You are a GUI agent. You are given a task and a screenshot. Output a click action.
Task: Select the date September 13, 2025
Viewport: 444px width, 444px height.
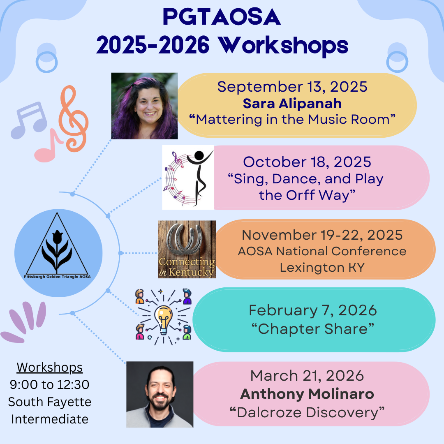click(292, 87)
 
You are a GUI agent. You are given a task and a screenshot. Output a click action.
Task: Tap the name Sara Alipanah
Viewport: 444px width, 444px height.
click(292, 103)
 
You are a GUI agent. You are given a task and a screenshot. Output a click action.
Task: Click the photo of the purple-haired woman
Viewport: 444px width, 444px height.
click(144, 106)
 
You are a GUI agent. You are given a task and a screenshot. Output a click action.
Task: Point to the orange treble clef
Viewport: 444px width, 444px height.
click(74, 119)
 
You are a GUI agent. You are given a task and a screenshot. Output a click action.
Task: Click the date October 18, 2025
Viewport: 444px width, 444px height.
click(307, 162)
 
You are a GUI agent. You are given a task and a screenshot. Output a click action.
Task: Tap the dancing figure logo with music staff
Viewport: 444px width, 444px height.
click(188, 177)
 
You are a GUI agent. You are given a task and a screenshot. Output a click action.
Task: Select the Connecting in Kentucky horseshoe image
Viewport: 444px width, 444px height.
click(187, 249)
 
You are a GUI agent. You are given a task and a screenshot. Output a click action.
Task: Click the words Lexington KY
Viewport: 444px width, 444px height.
click(322, 267)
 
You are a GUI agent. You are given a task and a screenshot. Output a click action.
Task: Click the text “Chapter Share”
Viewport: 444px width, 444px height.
click(313, 329)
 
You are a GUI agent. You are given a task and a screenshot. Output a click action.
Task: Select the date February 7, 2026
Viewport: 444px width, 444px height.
click(313, 310)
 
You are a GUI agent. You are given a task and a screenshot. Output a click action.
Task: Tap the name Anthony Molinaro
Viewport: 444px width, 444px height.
click(307, 394)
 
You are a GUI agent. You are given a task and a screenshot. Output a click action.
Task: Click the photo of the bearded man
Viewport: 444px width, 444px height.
click(160, 394)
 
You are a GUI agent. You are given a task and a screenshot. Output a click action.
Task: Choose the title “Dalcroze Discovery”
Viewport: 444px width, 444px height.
click(307, 412)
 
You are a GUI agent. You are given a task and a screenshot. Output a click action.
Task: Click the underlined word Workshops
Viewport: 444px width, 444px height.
click(50, 368)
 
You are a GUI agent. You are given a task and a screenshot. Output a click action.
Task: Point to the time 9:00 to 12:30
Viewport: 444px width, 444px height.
click(50, 384)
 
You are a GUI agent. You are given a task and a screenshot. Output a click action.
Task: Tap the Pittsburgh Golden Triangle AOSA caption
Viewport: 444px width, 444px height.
click(57, 277)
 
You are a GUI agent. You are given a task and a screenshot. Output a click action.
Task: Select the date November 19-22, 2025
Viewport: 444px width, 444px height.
click(322, 235)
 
